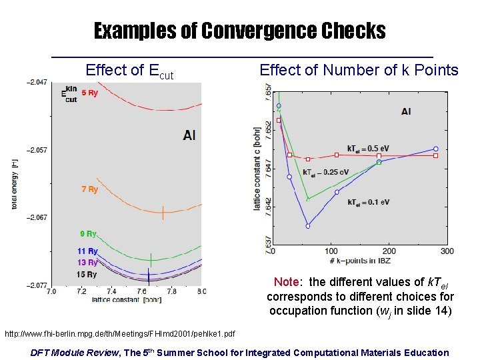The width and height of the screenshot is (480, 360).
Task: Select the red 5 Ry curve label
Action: tap(89, 93)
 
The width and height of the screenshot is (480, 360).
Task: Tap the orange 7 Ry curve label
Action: tap(89, 189)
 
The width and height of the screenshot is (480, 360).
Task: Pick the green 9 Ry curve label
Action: tap(88, 234)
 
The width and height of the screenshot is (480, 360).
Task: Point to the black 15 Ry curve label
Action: tap(87, 275)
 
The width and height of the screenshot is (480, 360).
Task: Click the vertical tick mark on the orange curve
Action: tap(163, 213)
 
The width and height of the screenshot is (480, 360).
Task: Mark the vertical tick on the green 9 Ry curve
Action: tap(151, 259)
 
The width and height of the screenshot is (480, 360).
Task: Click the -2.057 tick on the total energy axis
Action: tap(37, 150)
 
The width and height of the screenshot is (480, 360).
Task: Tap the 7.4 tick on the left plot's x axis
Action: tap(111, 291)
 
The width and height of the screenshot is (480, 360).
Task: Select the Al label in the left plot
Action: tap(189, 135)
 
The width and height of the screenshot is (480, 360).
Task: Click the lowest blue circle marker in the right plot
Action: tap(308, 226)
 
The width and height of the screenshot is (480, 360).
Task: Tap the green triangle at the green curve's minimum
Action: tap(307, 199)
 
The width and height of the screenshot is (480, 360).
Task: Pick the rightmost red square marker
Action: tap(435, 155)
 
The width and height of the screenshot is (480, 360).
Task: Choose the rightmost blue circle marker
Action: tap(435, 149)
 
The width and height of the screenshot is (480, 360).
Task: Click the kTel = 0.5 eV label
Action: tap(368, 148)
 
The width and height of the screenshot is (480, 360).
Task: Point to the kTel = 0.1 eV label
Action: tap(368, 202)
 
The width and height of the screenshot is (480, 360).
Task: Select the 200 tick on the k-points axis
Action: tap(389, 251)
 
